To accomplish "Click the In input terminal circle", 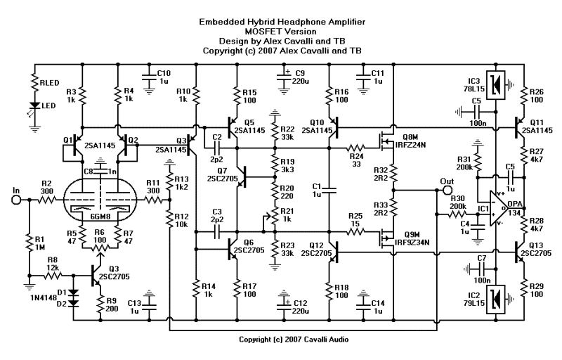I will [18, 200].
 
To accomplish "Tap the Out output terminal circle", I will [445, 190].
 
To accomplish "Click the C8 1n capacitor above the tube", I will [99, 169].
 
